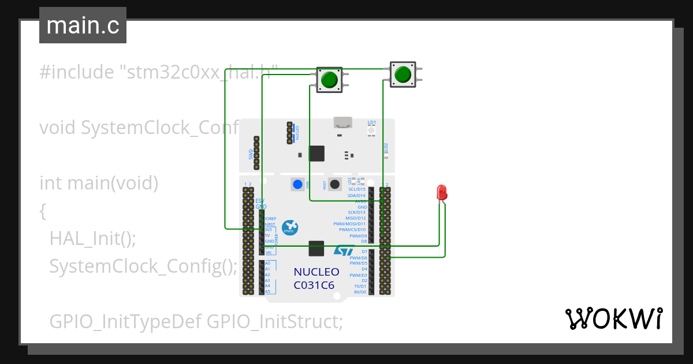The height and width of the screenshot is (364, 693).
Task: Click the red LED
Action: click(442, 192)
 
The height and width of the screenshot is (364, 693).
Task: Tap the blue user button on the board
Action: click(297, 185)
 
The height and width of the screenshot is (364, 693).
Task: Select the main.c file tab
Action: click(83, 26)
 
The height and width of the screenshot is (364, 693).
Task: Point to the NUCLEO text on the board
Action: click(316, 272)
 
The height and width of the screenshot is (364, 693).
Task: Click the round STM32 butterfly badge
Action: click(290, 228)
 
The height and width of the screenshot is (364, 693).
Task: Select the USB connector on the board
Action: click(342, 122)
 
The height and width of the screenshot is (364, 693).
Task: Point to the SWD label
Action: click(251, 154)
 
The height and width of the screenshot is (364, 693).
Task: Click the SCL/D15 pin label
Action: click(357, 190)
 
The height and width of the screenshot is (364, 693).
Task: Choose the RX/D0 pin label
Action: click(360, 292)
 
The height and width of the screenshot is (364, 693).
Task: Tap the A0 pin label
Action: click(267, 263)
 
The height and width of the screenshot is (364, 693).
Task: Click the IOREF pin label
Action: click(270, 219)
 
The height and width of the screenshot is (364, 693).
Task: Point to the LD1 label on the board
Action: click(371, 122)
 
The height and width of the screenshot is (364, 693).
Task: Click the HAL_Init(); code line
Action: click(92, 238)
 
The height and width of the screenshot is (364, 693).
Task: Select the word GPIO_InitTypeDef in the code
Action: click(125, 321)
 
